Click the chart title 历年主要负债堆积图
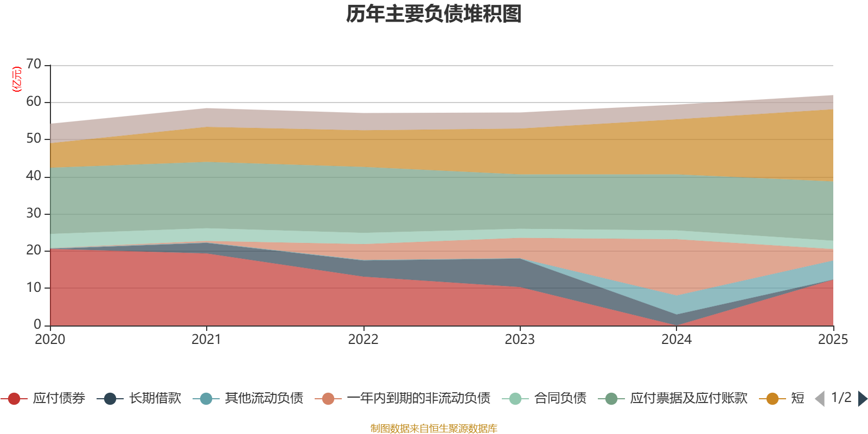click(434, 14)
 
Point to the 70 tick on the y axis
click(34, 65)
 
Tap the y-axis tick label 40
click(34, 176)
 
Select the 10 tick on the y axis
click(34, 288)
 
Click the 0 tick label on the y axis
click(37, 324)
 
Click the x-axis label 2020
click(50, 340)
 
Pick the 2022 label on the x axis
click(363, 340)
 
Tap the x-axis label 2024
click(676, 340)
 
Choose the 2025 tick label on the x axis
click(832, 340)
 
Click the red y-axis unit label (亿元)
click(17, 79)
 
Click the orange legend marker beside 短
click(773, 399)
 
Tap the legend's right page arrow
click(863, 399)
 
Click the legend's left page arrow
click(820, 399)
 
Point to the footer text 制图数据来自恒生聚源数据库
click(434, 429)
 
